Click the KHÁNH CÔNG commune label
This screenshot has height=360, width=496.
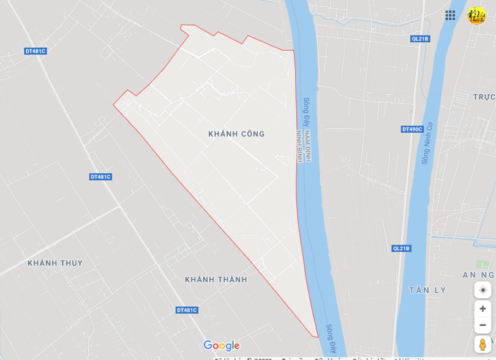(x=236, y=134)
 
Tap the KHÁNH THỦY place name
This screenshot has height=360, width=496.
(x=55, y=263)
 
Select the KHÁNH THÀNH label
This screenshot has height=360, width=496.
(x=216, y=280)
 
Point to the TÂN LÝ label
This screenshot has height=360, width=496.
(x=428, y=290)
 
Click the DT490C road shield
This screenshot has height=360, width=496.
(x=412, y=129)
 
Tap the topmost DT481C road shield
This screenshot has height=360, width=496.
(x=36, y=51)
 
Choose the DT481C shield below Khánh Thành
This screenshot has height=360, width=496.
(x=187, y=310)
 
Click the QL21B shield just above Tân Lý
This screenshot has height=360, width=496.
(x=401, y=248)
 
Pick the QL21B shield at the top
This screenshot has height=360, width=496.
(x=420, y=39)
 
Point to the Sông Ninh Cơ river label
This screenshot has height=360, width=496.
(x=427, y=143)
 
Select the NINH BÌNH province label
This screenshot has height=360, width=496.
(x=299, y=146)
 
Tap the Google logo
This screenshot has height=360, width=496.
(x=221, y=346)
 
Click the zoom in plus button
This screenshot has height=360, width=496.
(x=483, y=309)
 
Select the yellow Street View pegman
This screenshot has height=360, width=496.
(x=483, y=344)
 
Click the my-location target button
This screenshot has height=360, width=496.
(x=483, y=290)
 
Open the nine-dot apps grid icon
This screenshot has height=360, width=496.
(x=450, y=15)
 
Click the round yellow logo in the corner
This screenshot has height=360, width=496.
(x=476, y=15)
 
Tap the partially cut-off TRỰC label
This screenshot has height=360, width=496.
(x=484, y=97)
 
